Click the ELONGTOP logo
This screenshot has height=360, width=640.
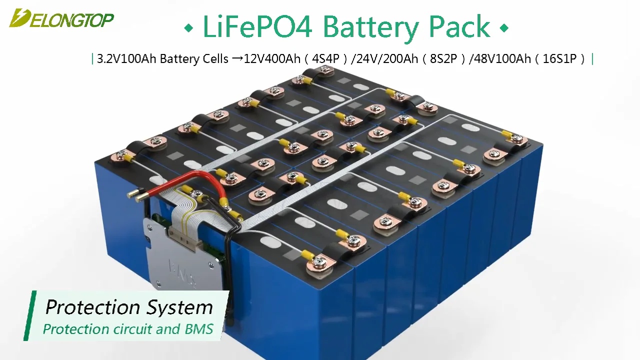pos(61,18)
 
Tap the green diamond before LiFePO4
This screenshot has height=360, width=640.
pos(188,28)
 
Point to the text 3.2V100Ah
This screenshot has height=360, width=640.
pos(127,59)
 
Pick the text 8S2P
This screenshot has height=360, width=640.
pos(444,59)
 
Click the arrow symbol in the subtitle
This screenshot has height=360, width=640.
pos(237,59)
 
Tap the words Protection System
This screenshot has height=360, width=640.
pos(129,307)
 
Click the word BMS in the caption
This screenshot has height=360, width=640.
pos(200,329)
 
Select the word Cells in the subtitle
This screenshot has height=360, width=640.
pos(215,59)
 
